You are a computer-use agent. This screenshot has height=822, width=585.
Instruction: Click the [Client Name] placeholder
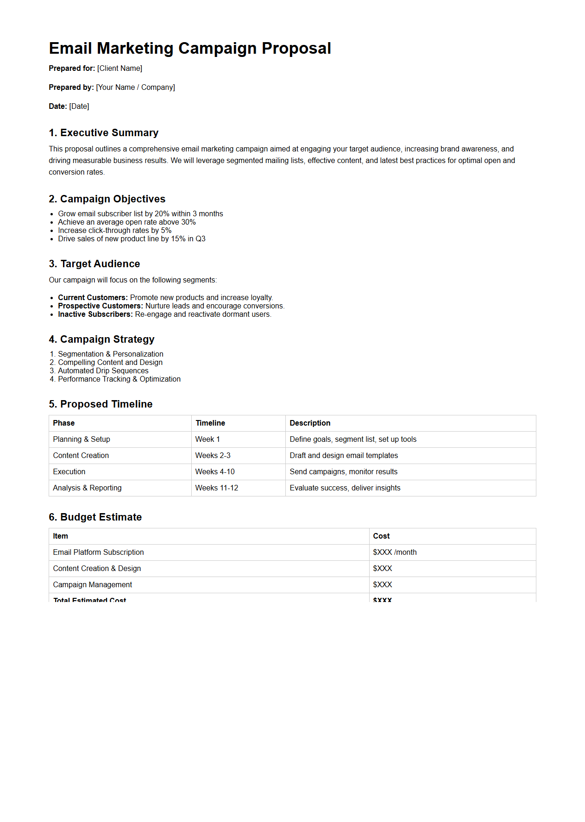[x=120, y=69]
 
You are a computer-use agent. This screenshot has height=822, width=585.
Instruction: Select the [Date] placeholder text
[x=79, y=107]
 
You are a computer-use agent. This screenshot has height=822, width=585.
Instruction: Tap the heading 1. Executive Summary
[x=104, y=133]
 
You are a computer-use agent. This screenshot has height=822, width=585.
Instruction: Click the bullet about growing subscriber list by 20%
[x=140, y=214]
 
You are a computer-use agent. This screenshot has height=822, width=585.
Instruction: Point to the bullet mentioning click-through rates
[x=114, y=231]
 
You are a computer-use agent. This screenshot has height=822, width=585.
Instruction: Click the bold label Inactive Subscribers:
[x=95, y=314]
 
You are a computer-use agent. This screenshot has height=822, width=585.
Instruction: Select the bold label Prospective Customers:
[x=101, y=306]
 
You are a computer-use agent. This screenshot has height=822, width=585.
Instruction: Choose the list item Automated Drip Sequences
[x=103, y=371]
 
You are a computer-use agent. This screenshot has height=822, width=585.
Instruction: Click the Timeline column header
[x=210, y=423]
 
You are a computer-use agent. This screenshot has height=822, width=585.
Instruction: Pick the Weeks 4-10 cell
[x=215, y=472]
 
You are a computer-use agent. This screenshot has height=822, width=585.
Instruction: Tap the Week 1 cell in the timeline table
[x=208, y=439]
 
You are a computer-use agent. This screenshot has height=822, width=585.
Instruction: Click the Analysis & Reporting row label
[x=87, y=488]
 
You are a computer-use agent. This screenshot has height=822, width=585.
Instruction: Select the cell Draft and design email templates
[x=344, y=456]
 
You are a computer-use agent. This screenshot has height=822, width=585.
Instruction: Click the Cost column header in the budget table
[x=381, y=536]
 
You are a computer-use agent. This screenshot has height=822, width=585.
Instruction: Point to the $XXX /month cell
[x=395, y=552]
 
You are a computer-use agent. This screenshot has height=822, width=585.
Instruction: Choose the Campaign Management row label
[x=93, y=585]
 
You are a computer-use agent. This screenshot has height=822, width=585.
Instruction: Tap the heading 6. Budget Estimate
[x=95, y=517]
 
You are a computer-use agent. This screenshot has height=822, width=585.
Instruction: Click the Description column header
[x=310, y=423]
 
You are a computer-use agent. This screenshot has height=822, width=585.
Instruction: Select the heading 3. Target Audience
[x=94, y=264]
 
